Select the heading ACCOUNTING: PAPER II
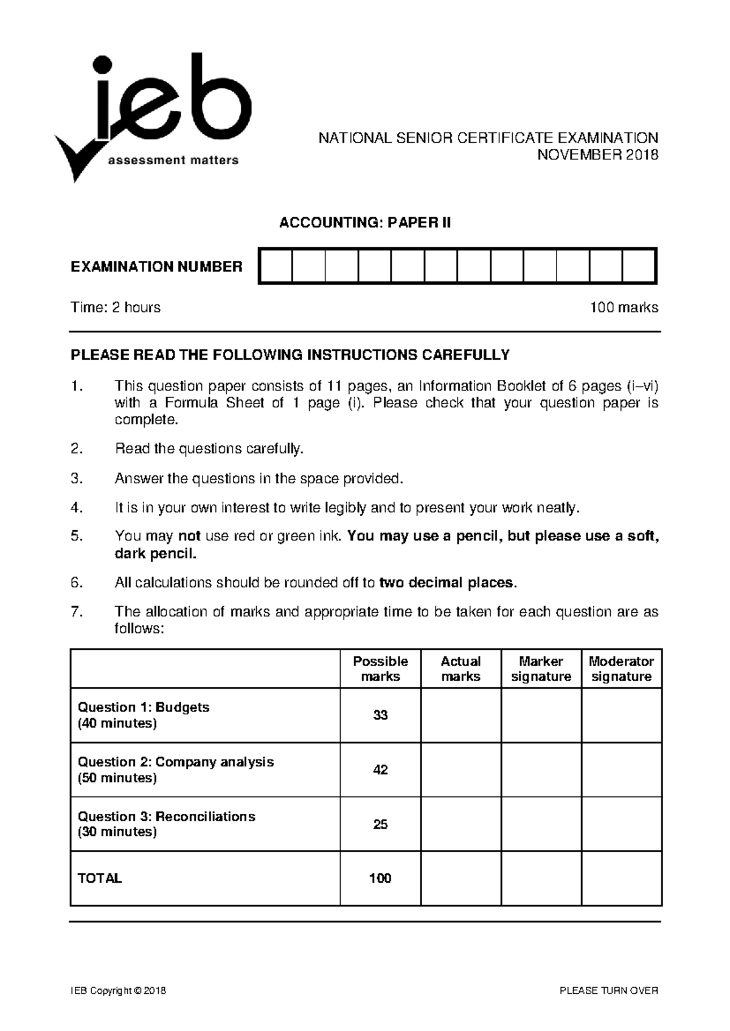click(x=365, y=223)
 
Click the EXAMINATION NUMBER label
click(x=156, y=266)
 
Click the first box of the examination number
click(x=276, y=266)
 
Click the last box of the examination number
click(x=639, y=266)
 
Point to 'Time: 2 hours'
click(x=116, y=308)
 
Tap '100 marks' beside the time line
click(x=624, y=308)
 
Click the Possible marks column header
click(x=380, y=669)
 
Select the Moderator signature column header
click(x=621, y=669)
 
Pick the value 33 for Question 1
click(x=380, y=715)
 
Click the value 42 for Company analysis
click(x=380, y=770)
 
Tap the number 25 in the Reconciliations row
click(x=380, y=824)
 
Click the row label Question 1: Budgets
click(x=144, y=708)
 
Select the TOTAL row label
click(x=100, y=878)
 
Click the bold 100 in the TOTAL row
click(x=380, y=878)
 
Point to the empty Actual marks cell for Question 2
click(x=461, y=770)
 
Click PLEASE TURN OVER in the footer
click(x=609, y=991)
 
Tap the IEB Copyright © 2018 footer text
click(x=118, y=991)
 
